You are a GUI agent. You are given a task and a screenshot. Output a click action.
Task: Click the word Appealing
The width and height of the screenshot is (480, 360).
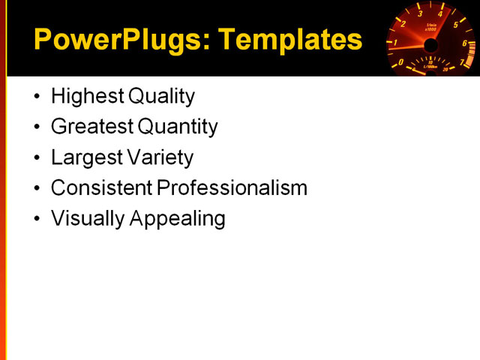click(178, 219)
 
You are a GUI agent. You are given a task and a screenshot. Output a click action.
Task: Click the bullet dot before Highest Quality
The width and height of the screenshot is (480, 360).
click(38, 97)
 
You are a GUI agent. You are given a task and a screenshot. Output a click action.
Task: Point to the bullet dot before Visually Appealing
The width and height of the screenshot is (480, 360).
click(38, 219)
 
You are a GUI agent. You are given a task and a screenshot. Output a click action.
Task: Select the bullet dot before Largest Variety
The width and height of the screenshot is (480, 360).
click(38, 158)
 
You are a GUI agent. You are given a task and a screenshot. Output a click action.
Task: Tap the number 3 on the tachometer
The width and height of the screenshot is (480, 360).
click(419, 13)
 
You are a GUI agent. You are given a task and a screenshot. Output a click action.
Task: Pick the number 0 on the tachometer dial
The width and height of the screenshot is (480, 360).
click(400, 62)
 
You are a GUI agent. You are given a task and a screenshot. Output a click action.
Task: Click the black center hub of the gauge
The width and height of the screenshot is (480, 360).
click(430, 46)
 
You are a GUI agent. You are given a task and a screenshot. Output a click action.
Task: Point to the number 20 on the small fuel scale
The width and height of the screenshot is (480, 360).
click(446, 69)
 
